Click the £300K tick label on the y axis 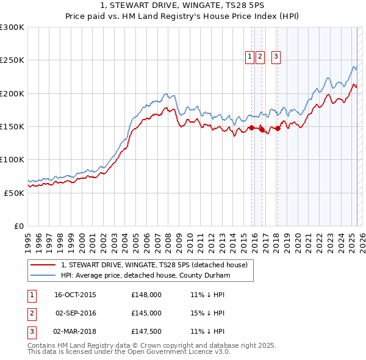pos(12,27)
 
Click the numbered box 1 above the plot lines pos(250,57)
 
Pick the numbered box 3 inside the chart pos(276,57)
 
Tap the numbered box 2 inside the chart pos(260,57)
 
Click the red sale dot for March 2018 pos(278,128)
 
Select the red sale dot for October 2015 pos(251,128)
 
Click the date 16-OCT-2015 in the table pos(75,295)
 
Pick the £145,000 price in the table pos(146,313)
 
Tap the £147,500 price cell pos(146,331)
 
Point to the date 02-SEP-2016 pos(75,313)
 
